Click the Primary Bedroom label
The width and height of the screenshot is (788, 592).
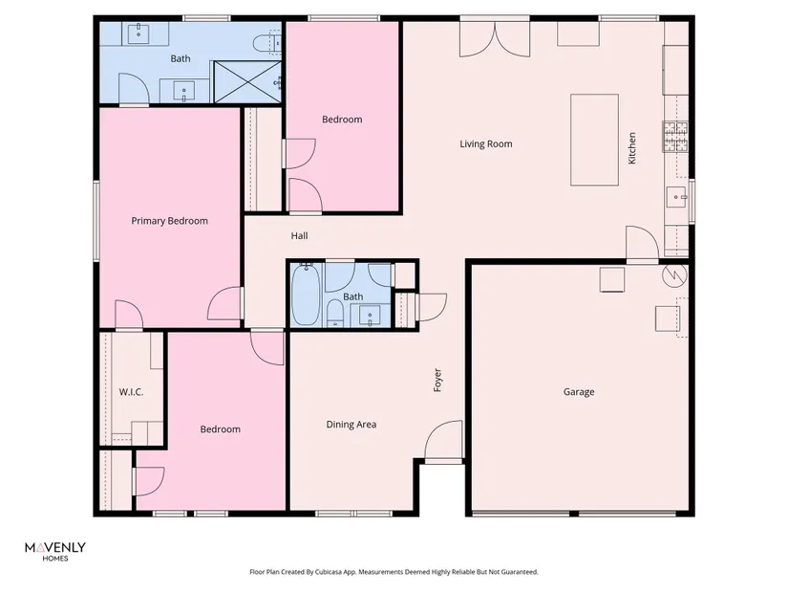pyautogui.click(x=169, y=221)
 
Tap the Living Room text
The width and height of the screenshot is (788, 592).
pyautogui.click(x=486, y=144)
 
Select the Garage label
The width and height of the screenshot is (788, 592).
pyautogui.click(x=579, y=392)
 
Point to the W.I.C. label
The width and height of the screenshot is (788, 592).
pyautogui.click(x=131, y=392)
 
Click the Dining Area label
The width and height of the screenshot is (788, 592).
pyautogui.click(x=351, y=425)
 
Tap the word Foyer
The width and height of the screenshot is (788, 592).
pyautogui.click(x=437, y=380)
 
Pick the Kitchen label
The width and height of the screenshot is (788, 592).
pyautogui.click(x=631, y=148)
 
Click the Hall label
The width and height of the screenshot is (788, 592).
pyautogui.click(x=300, y=235)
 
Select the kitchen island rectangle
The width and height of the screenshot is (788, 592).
pyautogui.click(x=594, y=140)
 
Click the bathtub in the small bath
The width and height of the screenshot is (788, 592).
pyautogui.click(x=306, y=295)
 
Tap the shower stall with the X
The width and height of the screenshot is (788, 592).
pyautogui.click(x=247, y=81)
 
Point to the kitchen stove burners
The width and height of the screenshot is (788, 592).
pyautogui.click(x=675, y=137)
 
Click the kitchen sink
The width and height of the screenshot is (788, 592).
pyautogui.click(x=677, y=197)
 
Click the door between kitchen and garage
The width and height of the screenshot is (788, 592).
pyautogui.click(x=642, y=244)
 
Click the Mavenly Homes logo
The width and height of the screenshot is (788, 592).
pyautogui.click(x=55, y=551)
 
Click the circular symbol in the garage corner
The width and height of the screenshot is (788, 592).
pyautogui.click(x=674, y=274)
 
